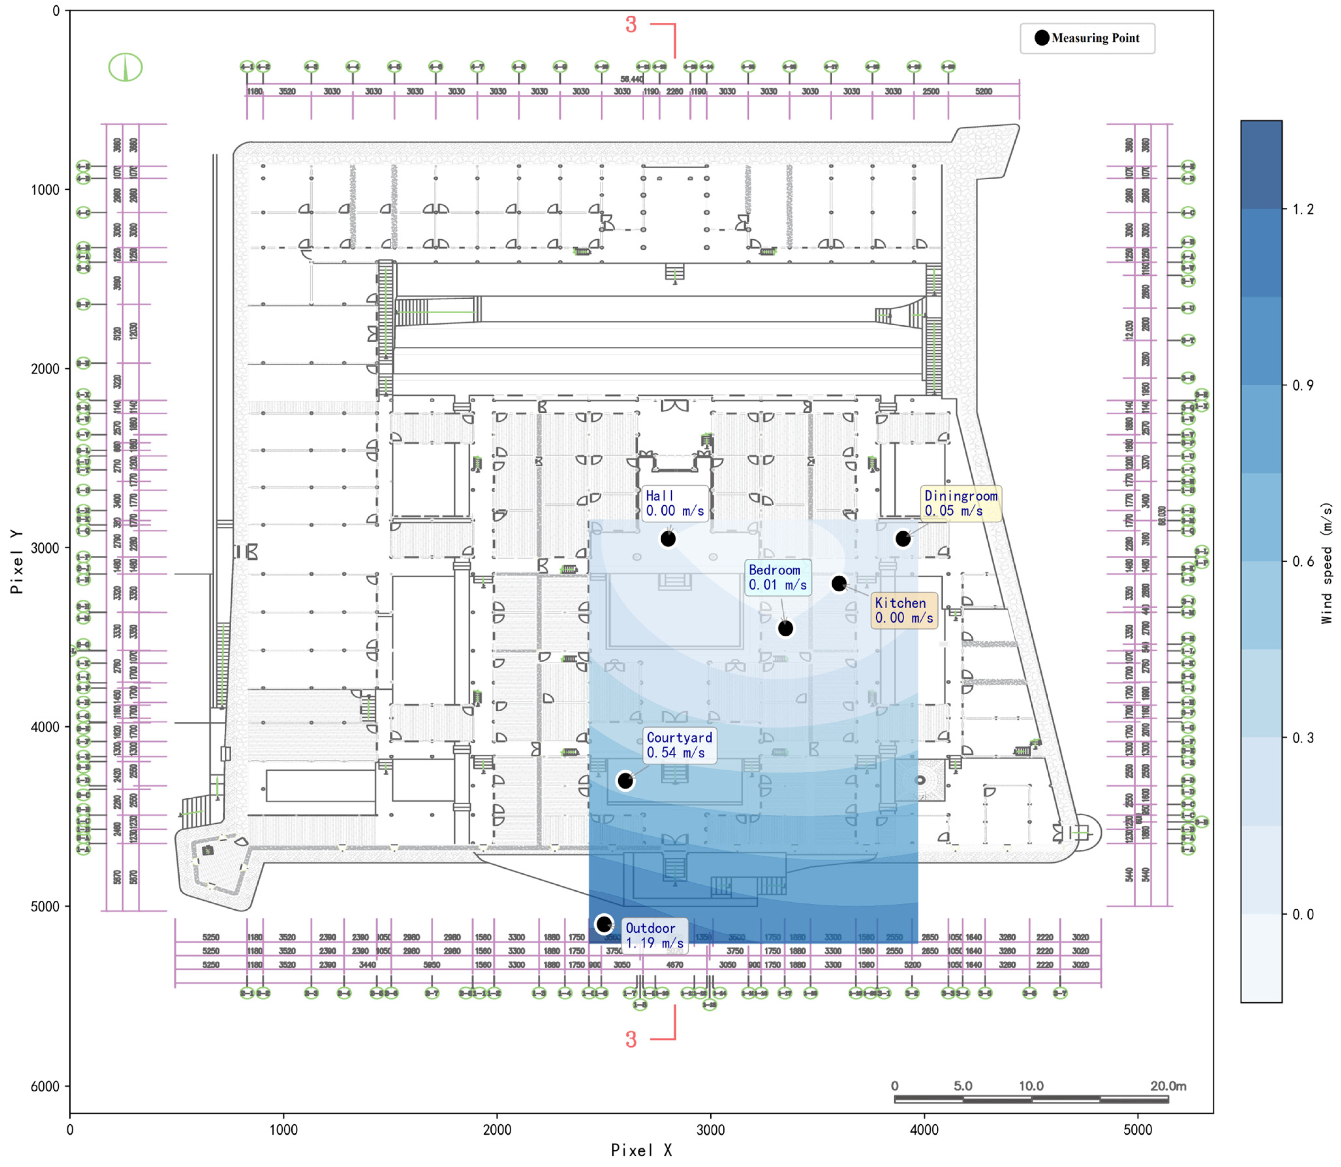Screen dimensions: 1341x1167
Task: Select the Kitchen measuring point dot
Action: point(839,583)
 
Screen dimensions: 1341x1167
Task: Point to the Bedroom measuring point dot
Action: point(785,628)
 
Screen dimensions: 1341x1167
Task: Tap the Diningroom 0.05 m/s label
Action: point(961,504)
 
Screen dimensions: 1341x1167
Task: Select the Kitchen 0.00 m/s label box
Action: point(905,610)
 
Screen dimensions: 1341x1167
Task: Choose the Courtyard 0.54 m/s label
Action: point(679,745)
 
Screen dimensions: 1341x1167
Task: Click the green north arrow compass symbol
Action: point(125,67)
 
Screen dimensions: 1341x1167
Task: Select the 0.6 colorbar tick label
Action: point(1303,561)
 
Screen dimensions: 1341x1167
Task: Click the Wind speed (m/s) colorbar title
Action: point(1327,563)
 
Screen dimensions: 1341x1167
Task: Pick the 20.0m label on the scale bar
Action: point(1168,1086)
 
